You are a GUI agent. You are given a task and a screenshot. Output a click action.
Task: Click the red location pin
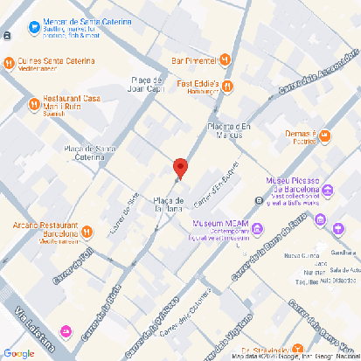point(180,168)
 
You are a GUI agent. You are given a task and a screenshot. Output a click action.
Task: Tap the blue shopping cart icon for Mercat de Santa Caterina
point(33,27)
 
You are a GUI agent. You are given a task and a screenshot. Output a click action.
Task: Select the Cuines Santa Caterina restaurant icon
point(10,62)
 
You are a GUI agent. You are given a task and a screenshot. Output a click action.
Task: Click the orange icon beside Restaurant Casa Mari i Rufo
point(33,101)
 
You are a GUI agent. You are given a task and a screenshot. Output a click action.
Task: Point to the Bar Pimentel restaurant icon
point(226,60)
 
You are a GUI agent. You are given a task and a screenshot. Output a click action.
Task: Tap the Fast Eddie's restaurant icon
point(226,86)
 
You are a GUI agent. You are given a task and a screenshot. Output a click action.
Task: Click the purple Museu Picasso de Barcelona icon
point(328,191)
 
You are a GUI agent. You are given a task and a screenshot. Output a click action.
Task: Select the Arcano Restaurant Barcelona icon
point(87,232)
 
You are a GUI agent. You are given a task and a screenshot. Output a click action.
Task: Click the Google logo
point(18,353)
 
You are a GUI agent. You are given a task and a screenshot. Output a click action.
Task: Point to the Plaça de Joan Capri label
point(147,84)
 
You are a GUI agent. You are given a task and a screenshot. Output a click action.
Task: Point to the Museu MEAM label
point(208,223)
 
